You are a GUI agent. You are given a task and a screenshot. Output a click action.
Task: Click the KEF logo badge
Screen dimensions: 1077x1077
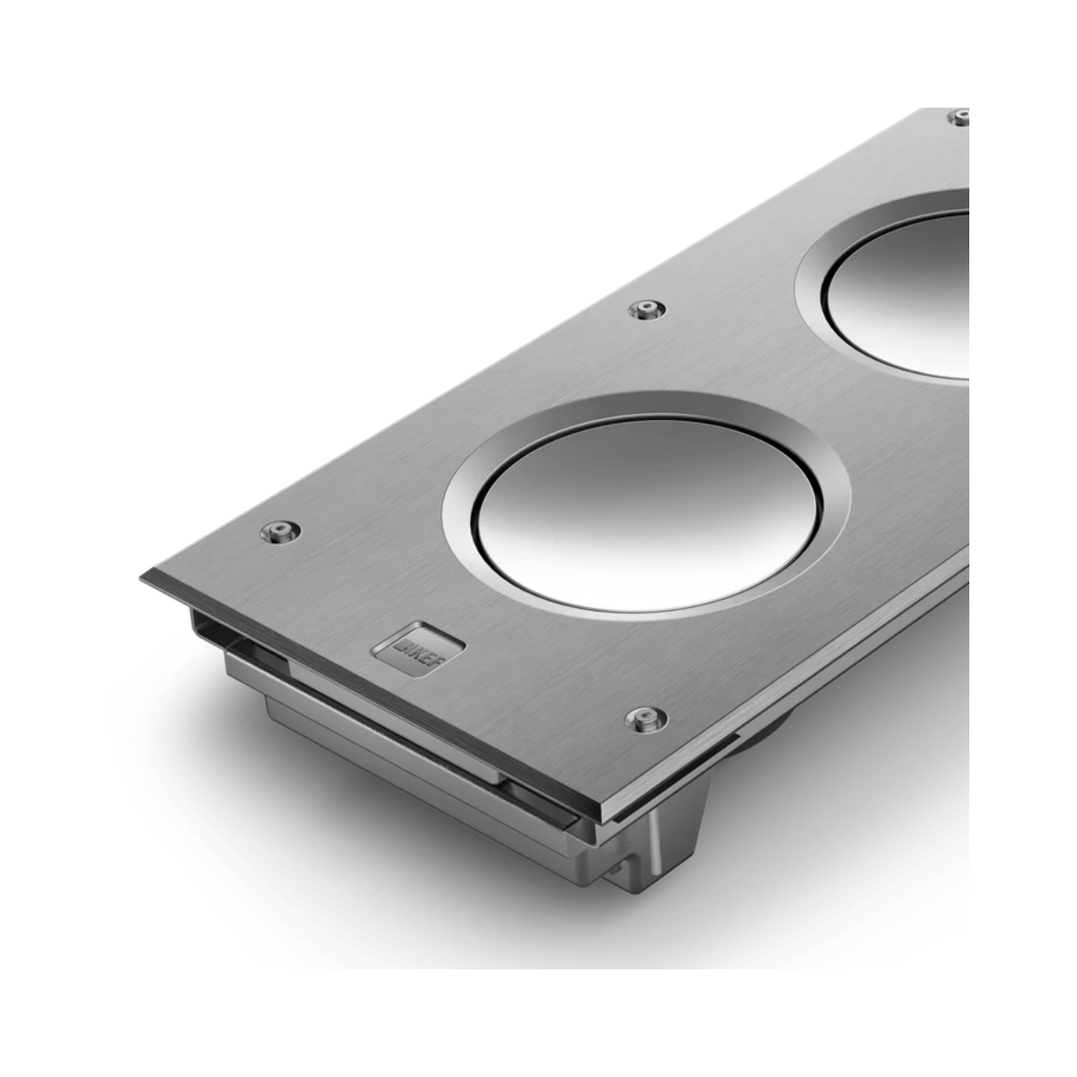point(420,643)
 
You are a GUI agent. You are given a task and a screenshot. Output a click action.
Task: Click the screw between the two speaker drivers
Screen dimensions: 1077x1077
point(645,310)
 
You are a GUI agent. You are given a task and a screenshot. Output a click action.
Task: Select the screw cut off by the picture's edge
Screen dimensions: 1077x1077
point(959,116)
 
